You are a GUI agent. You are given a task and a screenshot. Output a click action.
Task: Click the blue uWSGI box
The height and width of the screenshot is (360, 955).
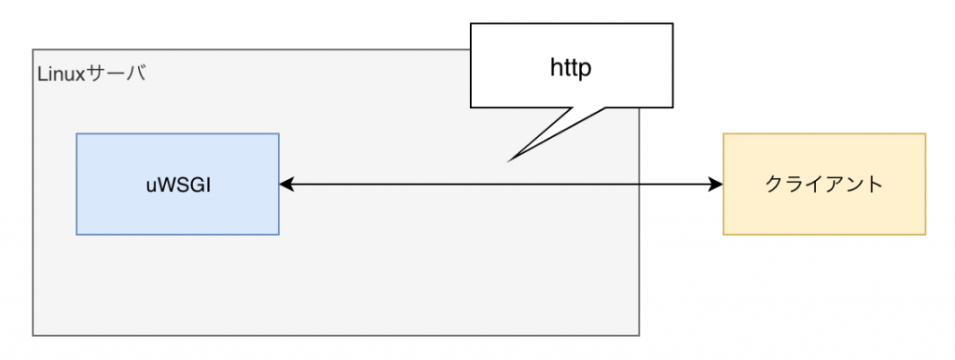(177, 184)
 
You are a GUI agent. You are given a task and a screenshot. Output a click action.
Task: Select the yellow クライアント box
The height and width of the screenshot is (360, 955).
(824, 184)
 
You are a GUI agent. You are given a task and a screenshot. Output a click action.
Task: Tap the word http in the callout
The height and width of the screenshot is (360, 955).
(570, 68)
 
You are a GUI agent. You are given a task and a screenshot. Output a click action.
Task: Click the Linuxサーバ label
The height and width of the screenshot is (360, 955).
(91, 74)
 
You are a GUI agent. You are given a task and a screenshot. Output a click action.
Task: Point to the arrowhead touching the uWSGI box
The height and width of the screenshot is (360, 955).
(286, 185)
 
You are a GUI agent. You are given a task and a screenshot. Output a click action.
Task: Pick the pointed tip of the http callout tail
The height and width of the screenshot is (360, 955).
(508, 160)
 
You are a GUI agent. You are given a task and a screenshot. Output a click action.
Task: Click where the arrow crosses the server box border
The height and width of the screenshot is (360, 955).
(639, 185)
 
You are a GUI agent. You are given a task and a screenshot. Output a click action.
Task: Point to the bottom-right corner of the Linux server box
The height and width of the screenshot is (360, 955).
(639, 335)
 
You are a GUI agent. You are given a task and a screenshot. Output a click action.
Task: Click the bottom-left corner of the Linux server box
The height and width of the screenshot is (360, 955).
(34, 335)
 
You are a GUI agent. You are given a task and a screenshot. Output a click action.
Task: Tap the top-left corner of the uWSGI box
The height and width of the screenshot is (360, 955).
(76, 133)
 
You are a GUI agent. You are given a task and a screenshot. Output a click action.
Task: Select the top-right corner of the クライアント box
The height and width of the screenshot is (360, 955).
(925, 133)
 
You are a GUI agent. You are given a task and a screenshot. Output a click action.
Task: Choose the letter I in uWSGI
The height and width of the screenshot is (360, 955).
(208, 185)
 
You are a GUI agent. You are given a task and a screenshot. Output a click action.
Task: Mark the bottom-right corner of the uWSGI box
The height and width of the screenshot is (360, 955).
(279, 234)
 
